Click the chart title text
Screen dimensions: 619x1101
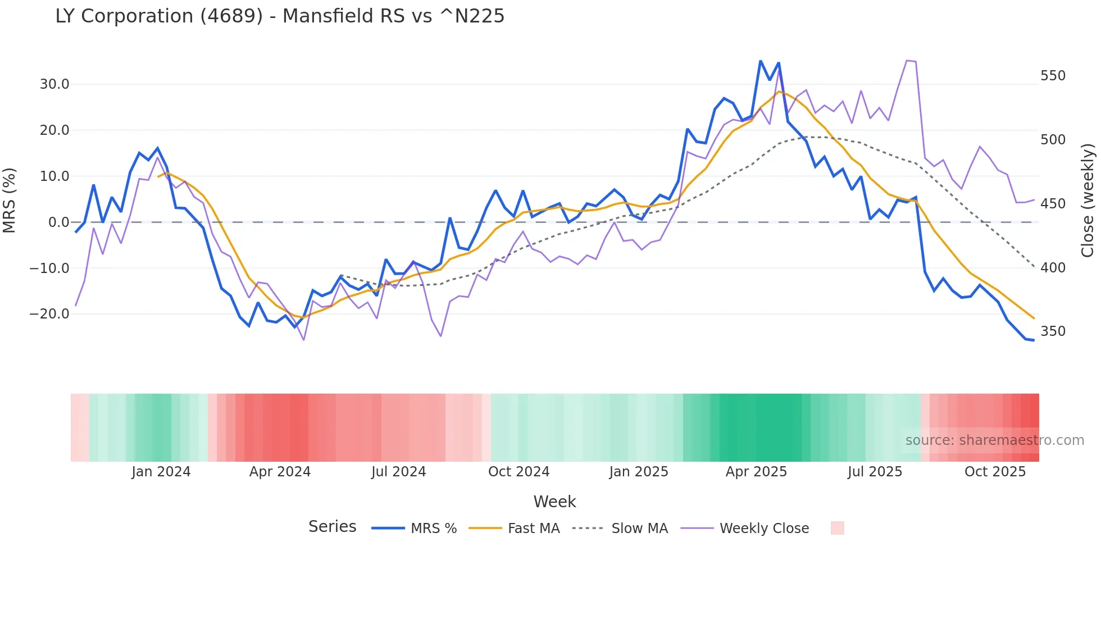pyautogui.click(x=280, y=16)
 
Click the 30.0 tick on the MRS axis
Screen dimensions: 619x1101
pyautogui.click(x=54, y=84)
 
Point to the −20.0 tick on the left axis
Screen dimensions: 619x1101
pyautogui.click(x=49, y=314)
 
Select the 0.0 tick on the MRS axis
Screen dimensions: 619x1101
pyautogui.click(x=58, y=222)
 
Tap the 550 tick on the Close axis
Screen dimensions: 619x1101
pyautogui.click(x=1053, y=76)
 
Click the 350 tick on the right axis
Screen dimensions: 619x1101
pyautogui.click(x=1053, y=331)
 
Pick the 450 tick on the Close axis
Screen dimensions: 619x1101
pyautogui.click(x=1053, y=204)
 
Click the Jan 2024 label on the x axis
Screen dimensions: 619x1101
pyautogui.click(x=161, y=472)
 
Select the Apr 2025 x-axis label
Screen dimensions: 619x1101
pyautogui.click(x=756, y=472)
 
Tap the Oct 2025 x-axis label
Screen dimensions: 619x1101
pyautogui.click(x=995, y=472)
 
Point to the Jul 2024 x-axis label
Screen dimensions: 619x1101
pyautogui.click(x=399, y=472)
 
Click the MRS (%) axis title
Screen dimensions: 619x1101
pyautogui.click(x=10, y=201)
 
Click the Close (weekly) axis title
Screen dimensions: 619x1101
pyautogui.click(x=1088, y=201)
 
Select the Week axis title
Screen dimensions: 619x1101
pyautogui.click(x=554, y=502)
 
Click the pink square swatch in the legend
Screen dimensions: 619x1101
pyautogui.click(x=837, y=528)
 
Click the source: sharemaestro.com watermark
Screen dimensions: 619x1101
pyautogui.click(x=994, y=440)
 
